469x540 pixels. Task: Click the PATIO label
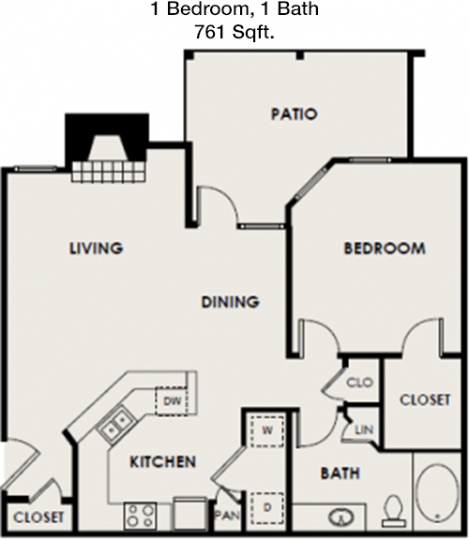[x=294, y=114]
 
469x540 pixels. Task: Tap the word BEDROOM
[x=385, y=248]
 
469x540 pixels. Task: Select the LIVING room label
[x=96, y=247]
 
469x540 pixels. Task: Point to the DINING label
[x=230, y=302]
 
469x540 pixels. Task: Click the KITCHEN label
[x=163, y=461]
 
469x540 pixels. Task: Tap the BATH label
[x=340, y=473]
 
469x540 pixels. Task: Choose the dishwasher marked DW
[x=172, y=401]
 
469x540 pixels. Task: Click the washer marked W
[x=267, y=431]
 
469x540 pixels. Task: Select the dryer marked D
[x=267, y=508]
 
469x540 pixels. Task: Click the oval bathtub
[x=437, y=493]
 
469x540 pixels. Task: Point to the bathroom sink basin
[x=341, y=517]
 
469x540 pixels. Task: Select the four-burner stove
[x=141, y=516]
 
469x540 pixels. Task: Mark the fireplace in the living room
[x=108, y=147]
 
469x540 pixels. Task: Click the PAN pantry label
[x=227, y=516]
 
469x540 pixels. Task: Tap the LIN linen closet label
[x=364, y=429]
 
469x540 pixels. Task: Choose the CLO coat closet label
[x=360, y=382]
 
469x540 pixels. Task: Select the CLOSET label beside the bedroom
[x=425, y=399]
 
